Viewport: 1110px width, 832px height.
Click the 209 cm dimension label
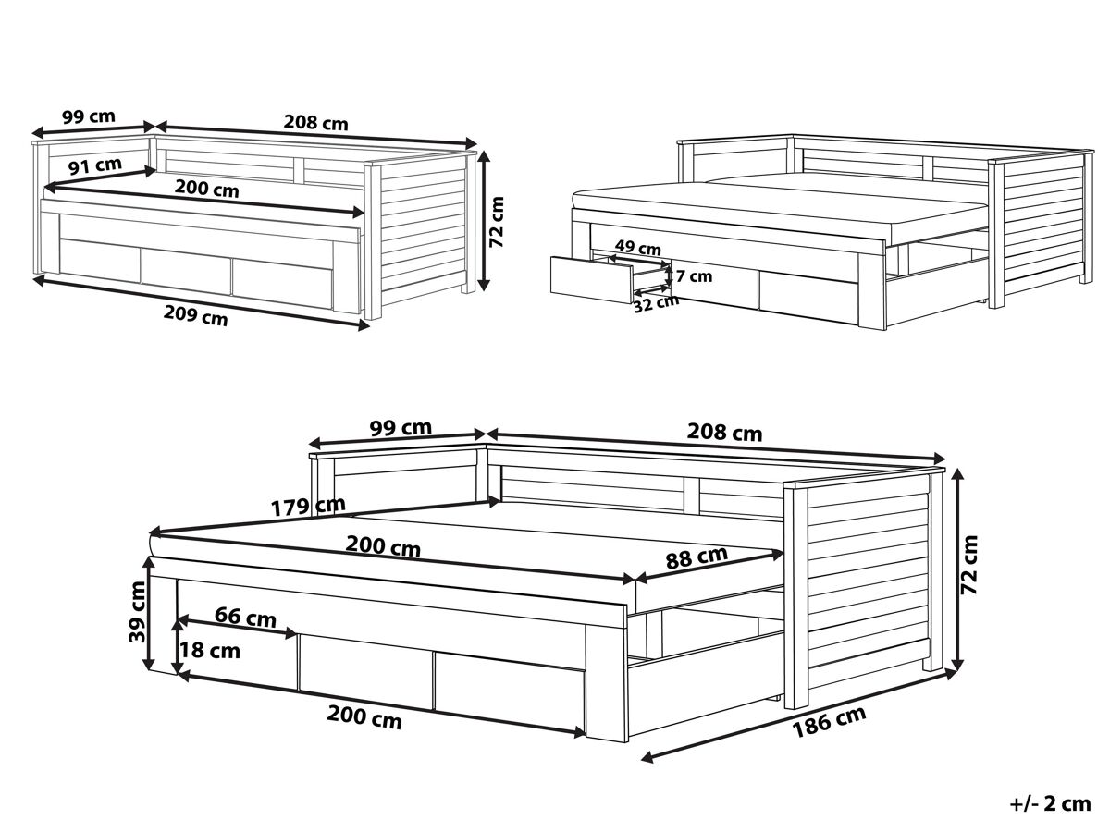tap(195, 316)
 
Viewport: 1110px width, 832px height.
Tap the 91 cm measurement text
tap(95, 166)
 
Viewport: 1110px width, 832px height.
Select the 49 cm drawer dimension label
tap(637, 248)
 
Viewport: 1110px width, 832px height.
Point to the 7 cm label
tap(694, 276)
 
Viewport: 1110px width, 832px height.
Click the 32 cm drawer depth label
tap(656, 303)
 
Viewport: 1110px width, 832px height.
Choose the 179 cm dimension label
tap(308, 507)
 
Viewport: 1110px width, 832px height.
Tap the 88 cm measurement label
tap(697, 557)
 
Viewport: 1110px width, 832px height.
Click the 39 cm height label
tap(137, 611)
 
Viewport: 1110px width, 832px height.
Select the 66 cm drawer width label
tap(245, 617)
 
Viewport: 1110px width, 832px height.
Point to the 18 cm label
tap(210, 651)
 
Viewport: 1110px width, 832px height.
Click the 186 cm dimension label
tap(829, 721)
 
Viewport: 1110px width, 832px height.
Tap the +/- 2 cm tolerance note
tap(1051, 804)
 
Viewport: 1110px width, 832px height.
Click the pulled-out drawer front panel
tap(592, 279)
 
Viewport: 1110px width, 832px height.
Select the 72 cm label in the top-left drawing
tap(497, 222)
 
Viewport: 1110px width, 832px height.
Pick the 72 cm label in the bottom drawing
tap(968, 565)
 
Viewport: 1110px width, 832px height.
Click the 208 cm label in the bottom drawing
tap(724, 433)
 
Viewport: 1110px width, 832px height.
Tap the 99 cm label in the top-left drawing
tap(89, 117)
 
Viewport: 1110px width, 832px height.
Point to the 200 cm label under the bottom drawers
tap(364, 717)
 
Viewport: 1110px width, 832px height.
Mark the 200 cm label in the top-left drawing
tap(207, 189)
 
